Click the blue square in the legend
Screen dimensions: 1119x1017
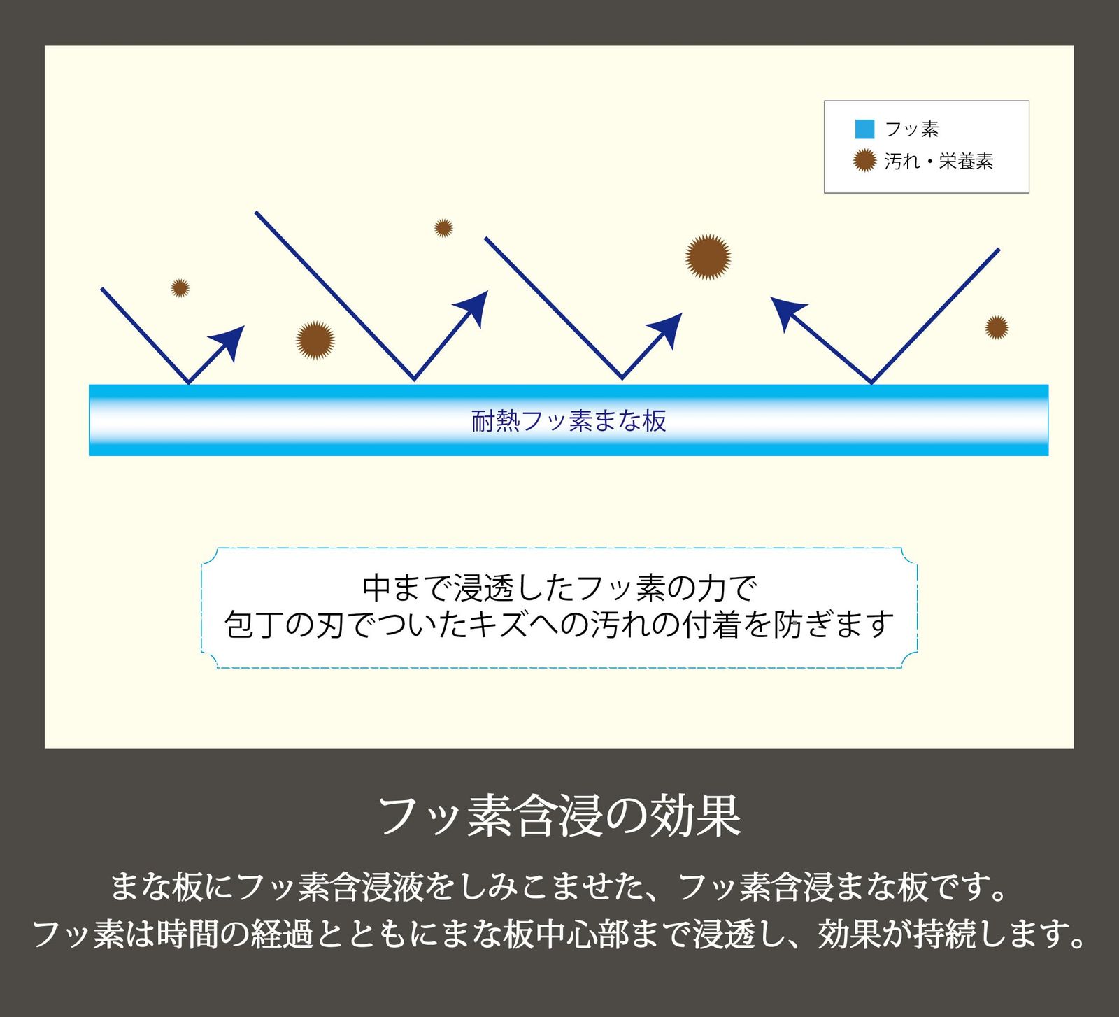864,129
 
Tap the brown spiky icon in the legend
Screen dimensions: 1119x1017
864,161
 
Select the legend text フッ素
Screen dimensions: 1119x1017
911,129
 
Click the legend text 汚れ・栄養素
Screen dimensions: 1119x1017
939,162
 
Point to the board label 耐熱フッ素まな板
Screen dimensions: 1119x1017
569,420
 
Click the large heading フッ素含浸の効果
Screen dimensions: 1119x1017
559,816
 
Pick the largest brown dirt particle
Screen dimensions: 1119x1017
708,257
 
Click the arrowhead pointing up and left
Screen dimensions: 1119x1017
788,313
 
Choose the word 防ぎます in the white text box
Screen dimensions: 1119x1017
833,624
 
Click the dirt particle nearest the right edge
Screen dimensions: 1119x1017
997,327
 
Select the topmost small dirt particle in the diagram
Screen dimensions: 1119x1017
443,228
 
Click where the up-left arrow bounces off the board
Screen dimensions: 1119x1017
871,383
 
